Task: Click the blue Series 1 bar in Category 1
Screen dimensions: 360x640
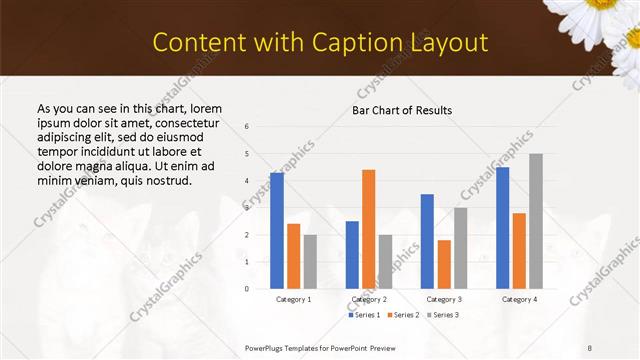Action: click(x=277, y=231)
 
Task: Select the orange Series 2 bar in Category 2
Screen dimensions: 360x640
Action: click(x=369, y=229)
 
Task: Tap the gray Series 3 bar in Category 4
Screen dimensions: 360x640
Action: click(x=536, y=221)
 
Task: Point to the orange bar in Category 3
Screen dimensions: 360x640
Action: click(x=444, y=264)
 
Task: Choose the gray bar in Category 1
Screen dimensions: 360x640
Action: click(x=310, y=262)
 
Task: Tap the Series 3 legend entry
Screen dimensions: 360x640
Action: click(x=444, y=315)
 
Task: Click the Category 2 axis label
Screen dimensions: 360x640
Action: click(x=369, y=299)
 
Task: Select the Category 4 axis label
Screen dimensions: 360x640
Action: click(x=519, y=299)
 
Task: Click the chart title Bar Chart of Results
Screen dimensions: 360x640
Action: click(x=402, y=110)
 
